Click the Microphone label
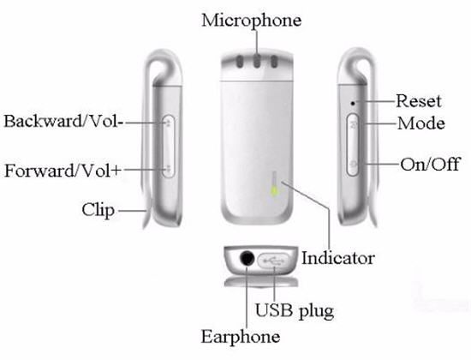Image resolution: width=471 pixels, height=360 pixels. pos(252,21)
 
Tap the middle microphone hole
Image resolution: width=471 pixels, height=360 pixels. pos(257,62)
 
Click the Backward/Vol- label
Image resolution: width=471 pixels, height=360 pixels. pos(63,121)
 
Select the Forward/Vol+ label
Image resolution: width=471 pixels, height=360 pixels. pos(63,171)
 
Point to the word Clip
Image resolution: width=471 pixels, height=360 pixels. pos(98,210)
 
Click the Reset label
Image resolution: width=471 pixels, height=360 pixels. pos(419,101)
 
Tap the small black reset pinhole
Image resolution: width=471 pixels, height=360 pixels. pos(353,103)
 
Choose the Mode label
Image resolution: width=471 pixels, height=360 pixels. pos(421,123)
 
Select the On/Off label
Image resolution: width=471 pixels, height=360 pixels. pos(430,165)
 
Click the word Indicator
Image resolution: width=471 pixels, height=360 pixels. pos(338,258)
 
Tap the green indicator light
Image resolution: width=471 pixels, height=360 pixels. pos(274,190)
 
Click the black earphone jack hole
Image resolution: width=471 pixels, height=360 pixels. pos(247,258)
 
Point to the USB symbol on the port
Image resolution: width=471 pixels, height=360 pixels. pos(272,261)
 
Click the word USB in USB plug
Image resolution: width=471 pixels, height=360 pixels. pos(274,310)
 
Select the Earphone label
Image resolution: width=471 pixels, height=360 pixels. pos(241,336)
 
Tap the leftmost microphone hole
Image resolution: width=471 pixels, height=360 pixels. pos(240,62)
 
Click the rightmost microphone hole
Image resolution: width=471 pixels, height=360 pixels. pos(274,62)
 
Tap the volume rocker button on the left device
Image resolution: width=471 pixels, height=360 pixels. pos(169,147)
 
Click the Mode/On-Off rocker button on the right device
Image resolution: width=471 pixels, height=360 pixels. pos(353,144)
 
